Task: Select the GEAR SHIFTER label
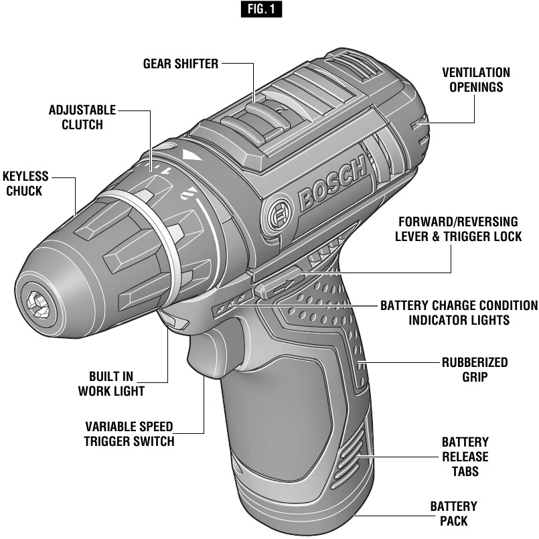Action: pos(181,64)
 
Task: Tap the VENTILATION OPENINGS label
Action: pos(475,80)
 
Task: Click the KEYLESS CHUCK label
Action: pos(25,183)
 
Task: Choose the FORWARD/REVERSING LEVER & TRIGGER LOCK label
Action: pos(459,228)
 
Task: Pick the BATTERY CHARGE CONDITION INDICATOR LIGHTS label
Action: pos(459,313)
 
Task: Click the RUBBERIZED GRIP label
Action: pos(474,370)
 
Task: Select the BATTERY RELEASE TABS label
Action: pos(465,457)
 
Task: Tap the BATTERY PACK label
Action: pos(453,514)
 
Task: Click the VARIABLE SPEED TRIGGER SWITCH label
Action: pos(129,434)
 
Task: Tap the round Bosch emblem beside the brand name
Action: pos(277,216)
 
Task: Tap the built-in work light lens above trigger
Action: pos(175,322)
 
